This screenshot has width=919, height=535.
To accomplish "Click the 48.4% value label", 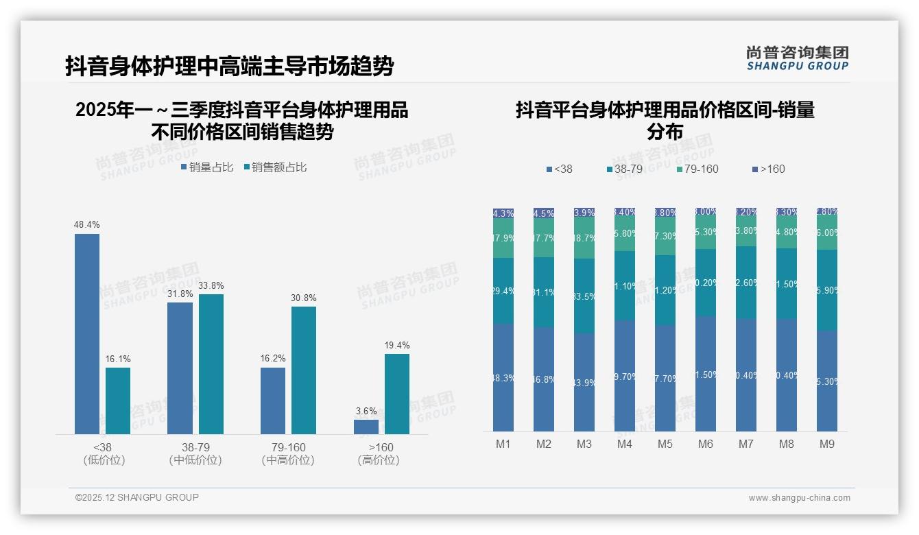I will point(87,224).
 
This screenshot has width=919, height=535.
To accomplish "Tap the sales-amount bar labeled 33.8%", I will point(211,364).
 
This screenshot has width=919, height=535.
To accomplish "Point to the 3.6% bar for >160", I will point(366,427).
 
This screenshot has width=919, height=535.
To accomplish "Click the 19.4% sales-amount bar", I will point(396,394).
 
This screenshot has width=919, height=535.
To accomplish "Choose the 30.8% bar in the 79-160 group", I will point(304,370).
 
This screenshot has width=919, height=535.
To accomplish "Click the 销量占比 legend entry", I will point(208,167).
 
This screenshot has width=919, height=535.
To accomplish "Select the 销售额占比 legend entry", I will point(276,167).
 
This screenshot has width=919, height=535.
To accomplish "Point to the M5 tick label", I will point(665,444).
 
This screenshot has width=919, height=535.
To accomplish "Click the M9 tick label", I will point(827,444).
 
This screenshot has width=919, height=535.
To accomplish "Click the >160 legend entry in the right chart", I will point(769,169).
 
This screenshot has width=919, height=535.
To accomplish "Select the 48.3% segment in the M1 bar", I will point(503,377).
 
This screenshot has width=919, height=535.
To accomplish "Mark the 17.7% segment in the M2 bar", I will point(544,238).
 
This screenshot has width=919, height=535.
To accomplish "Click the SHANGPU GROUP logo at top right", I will point(797,58).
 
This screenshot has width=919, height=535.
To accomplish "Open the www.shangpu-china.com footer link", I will point(799,498).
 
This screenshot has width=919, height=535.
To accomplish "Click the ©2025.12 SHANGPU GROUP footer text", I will point(137,497).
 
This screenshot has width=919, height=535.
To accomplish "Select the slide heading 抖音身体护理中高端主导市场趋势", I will point(230,67).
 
